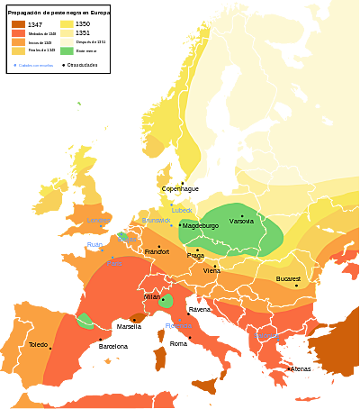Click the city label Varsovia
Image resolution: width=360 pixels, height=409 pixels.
(242, 221)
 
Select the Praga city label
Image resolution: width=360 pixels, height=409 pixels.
(196, 255)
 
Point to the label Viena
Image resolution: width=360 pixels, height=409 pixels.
(211, 270)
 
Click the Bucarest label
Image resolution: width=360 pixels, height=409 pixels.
(288, 279)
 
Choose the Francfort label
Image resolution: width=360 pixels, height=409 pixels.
(157, 251)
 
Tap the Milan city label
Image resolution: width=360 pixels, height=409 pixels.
(152, 296)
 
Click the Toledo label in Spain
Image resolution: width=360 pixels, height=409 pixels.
(38, 345)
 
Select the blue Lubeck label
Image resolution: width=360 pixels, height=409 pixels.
(183, 210)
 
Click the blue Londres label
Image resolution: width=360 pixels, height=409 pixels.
(99, 221)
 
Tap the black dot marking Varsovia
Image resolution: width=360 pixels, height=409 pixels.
(241, 214)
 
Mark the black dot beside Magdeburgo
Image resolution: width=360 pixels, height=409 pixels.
(180, 225)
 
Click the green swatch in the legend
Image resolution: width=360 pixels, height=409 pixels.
(66, 52)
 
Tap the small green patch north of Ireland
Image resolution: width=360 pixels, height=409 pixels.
(78, 105)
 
